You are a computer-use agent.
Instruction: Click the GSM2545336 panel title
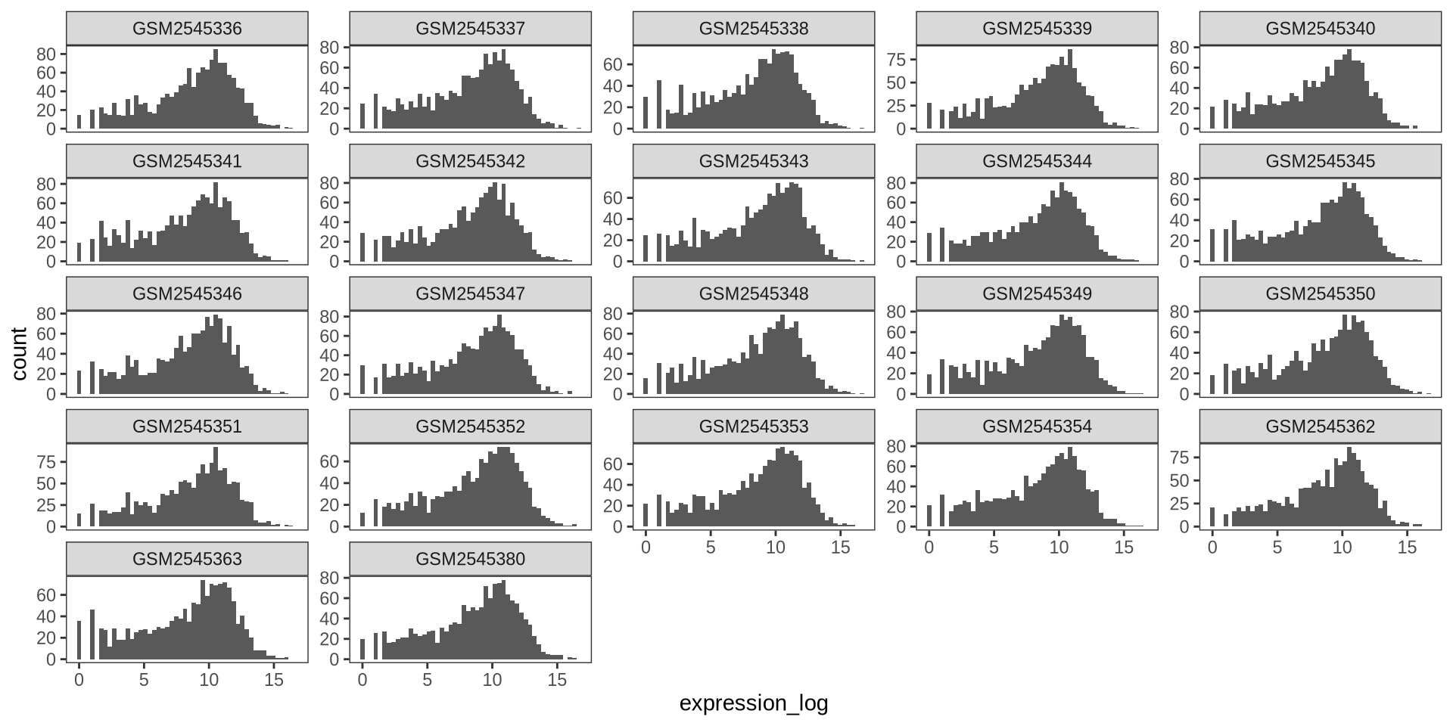pyautogui.click(x=187, y=29)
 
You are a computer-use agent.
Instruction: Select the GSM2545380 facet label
pyautogui.click(x=470, y=559)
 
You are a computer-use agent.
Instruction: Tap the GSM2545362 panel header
pyautogui.click(x=1320, y=427)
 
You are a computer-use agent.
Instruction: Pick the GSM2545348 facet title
pyautogui.click(x=753, y=293)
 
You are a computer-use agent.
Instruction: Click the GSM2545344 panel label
pyautogui.click(x=1037, y=161)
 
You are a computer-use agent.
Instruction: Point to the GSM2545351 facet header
pyautogui.click(x=187, y=427)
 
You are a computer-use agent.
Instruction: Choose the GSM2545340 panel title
pyautogui.click(x=1320, y=29)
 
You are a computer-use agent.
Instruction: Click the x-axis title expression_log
pyautogui.click(x=754, y=703)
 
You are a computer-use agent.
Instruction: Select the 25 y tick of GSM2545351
pyautogui.click(x=46, y=505)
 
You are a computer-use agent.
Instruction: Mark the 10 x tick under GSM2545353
pyautogui.click(x=776, y=547)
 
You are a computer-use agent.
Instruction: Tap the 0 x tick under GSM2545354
pyautogui.click(x=929, y=547)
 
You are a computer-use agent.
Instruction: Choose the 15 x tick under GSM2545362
pyautogui.click(x=1407, y=547)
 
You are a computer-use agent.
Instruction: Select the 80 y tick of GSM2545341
pyautogui.click(x=46, y=184)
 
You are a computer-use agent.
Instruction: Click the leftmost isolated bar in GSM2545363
pyautogui.click(x=79, y=640)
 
